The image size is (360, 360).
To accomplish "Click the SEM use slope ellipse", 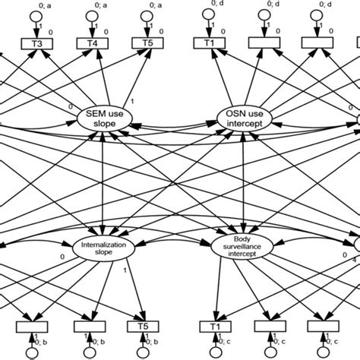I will pyautogui.click(x=111, y=118).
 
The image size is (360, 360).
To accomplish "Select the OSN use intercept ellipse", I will pyautogui.click(x=241, y=118).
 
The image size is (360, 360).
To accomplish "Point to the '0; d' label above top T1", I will pyautogui.click(x=227, y=6).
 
